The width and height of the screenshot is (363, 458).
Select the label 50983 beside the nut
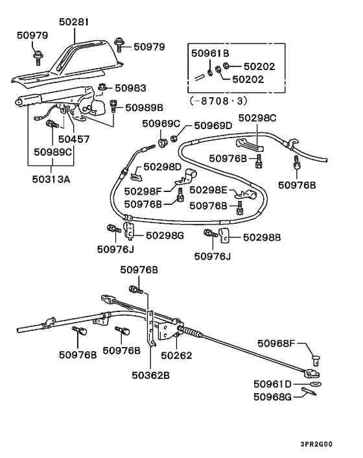pyautogui.click(x=130, y=88)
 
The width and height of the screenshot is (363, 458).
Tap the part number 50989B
pyautogui.click(x=143, y=107)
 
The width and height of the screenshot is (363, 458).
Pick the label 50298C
pyautogui.click(x=257, y=117)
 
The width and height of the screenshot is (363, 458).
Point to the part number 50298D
pyautogui.click(x=163, y=167)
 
